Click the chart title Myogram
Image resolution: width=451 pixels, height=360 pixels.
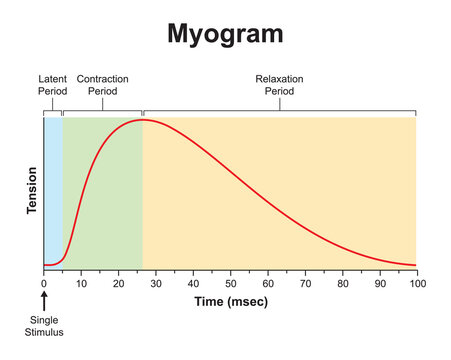225,33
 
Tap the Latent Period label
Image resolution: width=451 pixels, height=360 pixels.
52,84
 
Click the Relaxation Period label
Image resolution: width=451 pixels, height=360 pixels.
279,84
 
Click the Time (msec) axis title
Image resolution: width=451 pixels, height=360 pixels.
229,300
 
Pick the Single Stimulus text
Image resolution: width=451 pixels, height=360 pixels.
44,325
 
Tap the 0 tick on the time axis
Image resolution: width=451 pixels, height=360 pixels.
44,283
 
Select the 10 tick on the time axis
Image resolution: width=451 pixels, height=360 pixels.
81,283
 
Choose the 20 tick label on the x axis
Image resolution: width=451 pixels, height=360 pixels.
118,283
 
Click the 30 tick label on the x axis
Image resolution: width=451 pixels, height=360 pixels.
156,283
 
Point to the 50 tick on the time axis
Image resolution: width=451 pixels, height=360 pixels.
230,283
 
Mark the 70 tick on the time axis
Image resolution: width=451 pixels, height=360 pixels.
305,283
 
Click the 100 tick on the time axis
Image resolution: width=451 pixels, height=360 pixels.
416,283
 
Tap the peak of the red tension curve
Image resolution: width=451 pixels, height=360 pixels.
142,120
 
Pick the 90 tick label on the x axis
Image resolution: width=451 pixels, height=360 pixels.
379,283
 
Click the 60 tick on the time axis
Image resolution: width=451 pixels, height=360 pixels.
267,283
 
